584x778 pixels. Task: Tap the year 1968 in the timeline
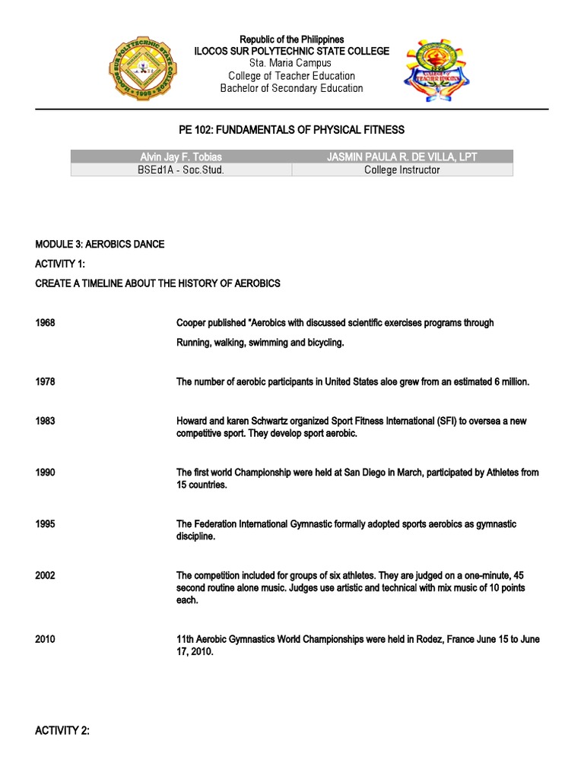(45, 323)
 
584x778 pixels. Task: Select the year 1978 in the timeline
(45, 382)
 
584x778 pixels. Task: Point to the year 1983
(45, 421)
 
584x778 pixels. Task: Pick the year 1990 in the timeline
(45, 473)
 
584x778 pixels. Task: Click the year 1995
(45, 524)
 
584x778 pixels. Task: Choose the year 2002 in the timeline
(45, 576)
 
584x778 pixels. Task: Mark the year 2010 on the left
(45, 640)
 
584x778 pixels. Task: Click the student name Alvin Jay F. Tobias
(181, 157)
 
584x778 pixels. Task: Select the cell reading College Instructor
(401, 170)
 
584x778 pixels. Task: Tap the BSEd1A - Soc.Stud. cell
(181, 170)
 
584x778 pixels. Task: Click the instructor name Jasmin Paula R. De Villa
(401, 157)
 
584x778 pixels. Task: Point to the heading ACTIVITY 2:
(62, 731)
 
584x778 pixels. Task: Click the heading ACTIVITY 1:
(62, 264)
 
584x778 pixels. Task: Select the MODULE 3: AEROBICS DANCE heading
(100, 244)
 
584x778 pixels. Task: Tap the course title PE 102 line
(291, 130)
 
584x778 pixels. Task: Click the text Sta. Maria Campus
(291, 63)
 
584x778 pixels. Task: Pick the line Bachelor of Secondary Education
(291, 88)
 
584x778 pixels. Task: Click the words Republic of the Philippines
(291, 39)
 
